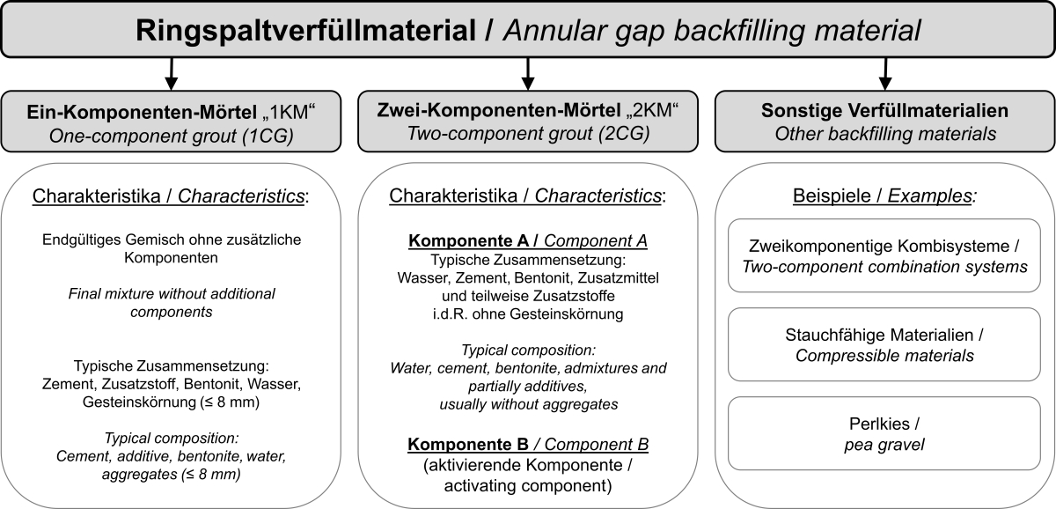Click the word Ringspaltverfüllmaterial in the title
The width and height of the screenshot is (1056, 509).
305,31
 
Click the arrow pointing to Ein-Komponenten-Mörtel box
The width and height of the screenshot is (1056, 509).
171,74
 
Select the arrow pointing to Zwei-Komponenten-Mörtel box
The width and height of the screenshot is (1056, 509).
527,74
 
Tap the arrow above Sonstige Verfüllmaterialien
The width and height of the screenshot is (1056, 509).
885,74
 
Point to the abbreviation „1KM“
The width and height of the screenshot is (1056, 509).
289,112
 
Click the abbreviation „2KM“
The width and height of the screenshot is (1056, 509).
652,110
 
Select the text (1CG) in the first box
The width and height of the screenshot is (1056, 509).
268,136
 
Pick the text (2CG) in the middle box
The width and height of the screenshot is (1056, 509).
624,134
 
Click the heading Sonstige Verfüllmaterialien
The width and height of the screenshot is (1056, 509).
885,110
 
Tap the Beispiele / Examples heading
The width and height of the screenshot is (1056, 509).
885,195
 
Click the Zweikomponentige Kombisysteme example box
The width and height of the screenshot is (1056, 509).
884,255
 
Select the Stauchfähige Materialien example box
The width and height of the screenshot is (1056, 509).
884,344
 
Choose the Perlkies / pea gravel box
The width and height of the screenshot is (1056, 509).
884,433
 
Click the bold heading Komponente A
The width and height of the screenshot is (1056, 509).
468,240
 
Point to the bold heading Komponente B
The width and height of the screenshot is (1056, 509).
468,445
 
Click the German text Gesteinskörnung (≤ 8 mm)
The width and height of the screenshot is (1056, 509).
171,402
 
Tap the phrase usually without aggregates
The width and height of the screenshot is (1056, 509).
529,404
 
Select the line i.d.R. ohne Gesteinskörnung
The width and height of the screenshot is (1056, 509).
528,314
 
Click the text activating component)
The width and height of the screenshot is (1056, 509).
528,485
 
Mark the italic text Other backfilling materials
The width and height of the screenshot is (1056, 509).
885,134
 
